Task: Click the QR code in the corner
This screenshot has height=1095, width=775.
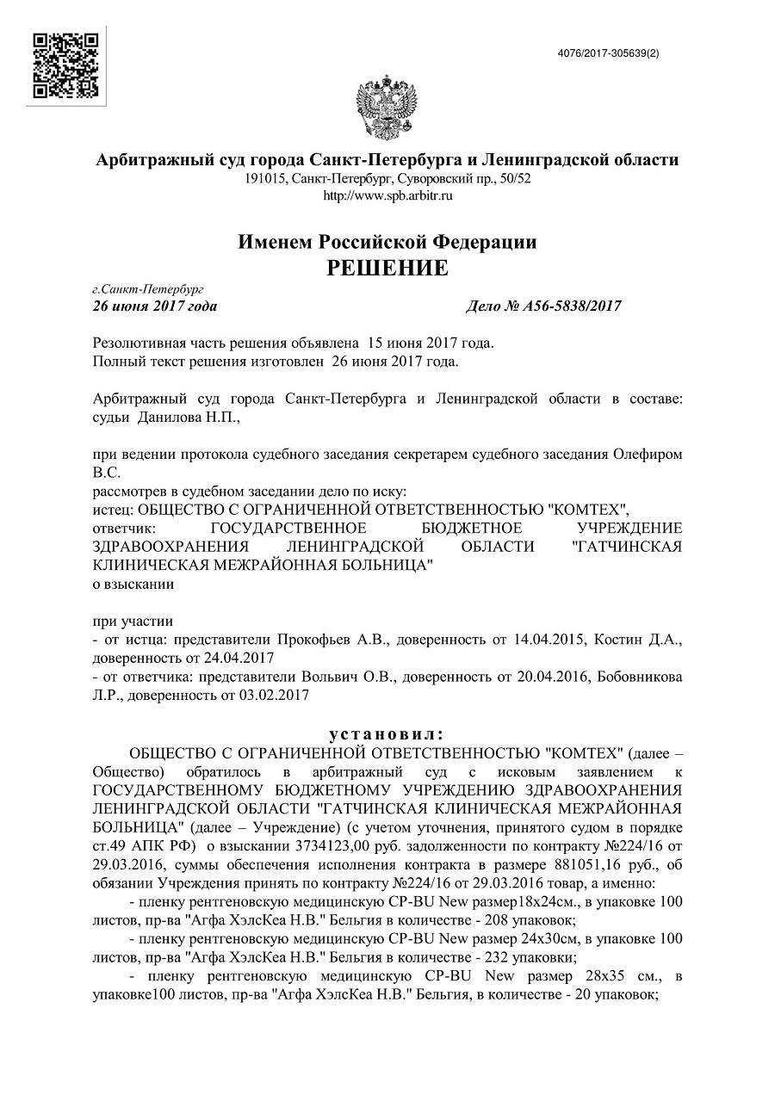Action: pyautogui.click(x=65, y=65)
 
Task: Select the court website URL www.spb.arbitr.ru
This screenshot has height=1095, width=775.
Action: pyautogui.click(x=387, y=195)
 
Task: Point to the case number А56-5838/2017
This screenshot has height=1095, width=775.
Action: pyautogui.click(x=571, y=306)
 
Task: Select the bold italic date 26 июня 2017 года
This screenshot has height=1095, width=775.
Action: pyautogui.click(x=155, y=306)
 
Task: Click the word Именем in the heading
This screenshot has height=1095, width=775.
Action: pyautogui.click(x=277, y=242)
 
